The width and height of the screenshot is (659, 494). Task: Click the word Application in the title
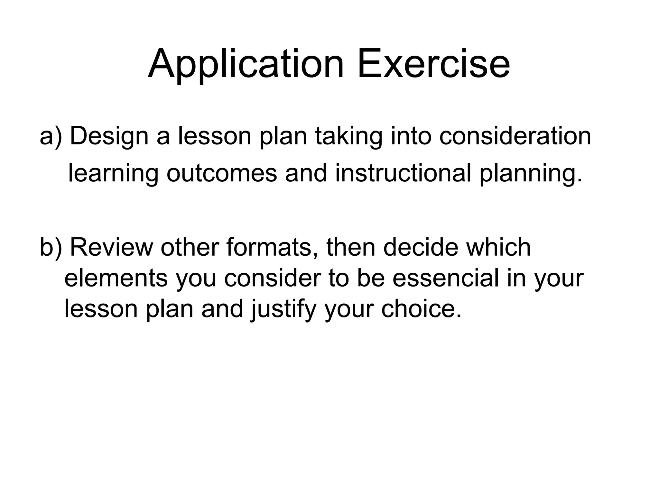click(x=246, y=64)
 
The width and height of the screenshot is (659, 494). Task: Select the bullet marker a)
click(x=51, y=136)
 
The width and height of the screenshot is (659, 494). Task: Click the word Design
click(x=109, y=137)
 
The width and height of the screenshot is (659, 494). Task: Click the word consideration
click(x=515, y=136)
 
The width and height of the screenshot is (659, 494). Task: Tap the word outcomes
click(x=222, y=173)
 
